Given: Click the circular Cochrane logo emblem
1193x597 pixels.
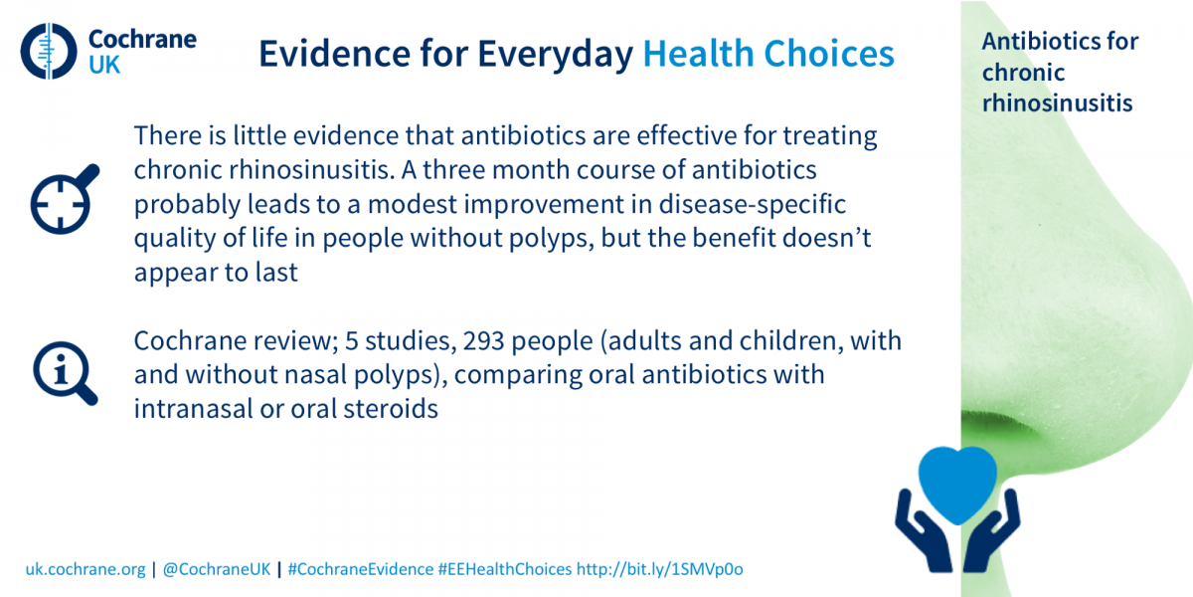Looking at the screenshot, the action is (49, 51).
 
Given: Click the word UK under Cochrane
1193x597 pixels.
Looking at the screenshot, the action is (104, 66).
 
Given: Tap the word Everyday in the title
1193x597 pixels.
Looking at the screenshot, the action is (555, 55).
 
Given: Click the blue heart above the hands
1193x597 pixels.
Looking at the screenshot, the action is (957, 484).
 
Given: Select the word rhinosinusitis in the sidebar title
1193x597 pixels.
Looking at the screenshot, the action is (1057, 102).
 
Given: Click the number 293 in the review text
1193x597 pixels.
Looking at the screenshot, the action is (483, 341).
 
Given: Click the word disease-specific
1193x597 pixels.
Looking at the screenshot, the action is (752, 205).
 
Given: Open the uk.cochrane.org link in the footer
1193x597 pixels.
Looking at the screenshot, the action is (85, 569).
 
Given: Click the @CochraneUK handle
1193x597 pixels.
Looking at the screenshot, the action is (217, 569).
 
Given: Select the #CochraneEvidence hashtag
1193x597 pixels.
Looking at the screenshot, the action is (361, 569).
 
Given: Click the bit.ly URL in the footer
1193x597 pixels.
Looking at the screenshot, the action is (659, 569).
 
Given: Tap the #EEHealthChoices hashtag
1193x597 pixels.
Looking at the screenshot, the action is (505, 569).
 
